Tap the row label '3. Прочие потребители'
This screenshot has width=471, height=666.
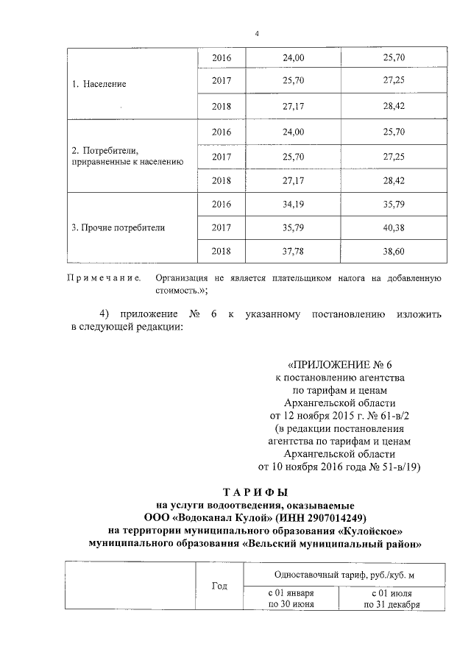(x=118, y=227)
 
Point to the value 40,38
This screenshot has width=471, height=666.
(x=394, y=227)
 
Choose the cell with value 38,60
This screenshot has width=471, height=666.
(x=394, y=251)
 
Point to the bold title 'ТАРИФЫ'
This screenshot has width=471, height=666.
(x=257, y=492)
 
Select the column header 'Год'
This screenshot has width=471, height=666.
(x=219, y=586)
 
